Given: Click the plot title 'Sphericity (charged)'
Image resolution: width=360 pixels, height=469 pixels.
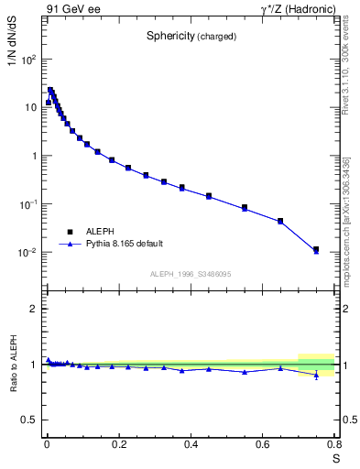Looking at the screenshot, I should coord(191,37).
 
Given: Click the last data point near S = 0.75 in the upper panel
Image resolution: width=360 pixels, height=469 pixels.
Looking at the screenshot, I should coord(316,249).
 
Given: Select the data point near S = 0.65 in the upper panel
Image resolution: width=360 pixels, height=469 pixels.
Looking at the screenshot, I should coord(280,221).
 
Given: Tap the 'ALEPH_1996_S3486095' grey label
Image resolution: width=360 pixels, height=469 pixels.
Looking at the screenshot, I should coord(191,274).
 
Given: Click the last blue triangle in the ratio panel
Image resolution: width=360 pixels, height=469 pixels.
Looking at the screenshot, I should coord(316,375).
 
